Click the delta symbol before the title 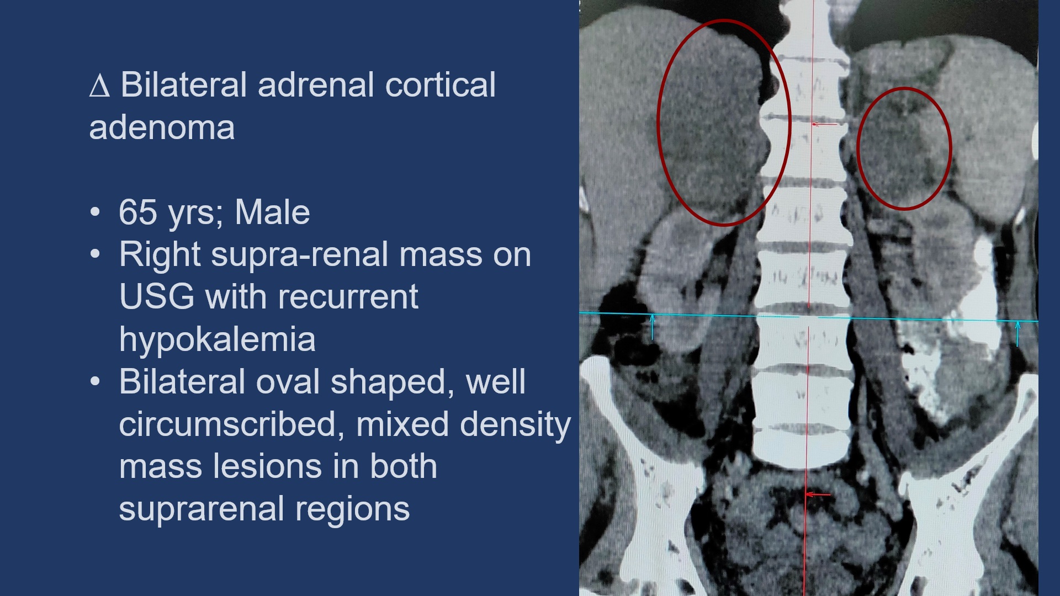(x=99, y=86)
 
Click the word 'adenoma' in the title (x=162, y=127)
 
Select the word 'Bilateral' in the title (x=184, y=85)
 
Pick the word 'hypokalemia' (x=217, y=339)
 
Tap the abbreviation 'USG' (x=157, y=296)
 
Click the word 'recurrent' (x=348, y=296)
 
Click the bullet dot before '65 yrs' (x=96, y=212)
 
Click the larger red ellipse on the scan (x=659, y=123)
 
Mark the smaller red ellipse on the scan (x=858, y=148)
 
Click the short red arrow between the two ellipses (x=824, y=124)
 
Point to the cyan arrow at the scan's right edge (x=1017, y=334)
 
